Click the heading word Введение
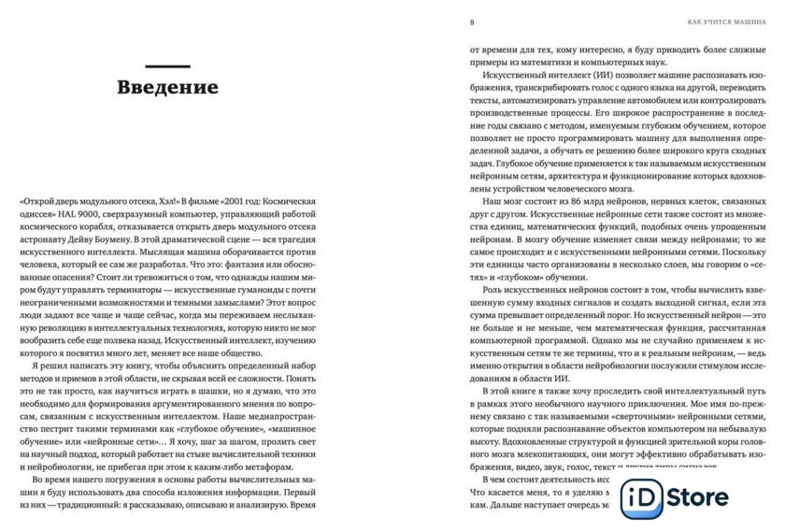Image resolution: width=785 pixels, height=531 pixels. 167,88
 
